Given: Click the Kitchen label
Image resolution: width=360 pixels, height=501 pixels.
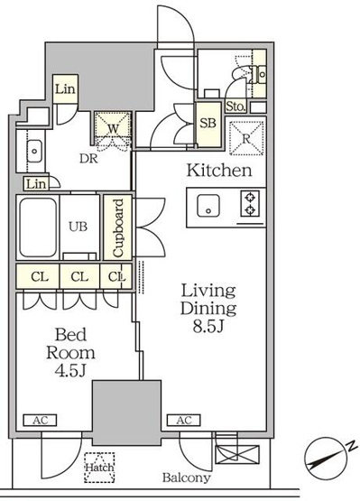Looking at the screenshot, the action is (x=219, y=171).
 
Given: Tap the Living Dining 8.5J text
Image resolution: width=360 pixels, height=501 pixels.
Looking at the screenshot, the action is (x=208, y=308).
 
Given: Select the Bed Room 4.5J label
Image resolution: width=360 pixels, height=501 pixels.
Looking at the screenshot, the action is (x=70, y=352).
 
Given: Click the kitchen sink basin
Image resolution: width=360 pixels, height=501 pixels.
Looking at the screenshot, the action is (x=208, y=206).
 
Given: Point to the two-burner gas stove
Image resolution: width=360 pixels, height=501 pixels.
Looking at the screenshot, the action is (x=250, y=204).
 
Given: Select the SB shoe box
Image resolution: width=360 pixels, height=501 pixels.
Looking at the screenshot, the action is (x=208, y=124).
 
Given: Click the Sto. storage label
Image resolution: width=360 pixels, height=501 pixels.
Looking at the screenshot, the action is (x=235, y=107).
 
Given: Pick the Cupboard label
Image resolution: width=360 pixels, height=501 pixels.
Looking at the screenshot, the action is (x=117, y=227).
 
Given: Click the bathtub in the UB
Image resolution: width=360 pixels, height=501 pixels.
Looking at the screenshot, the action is (x=38, y=227).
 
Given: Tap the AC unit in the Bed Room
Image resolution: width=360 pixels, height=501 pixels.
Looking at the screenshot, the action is (x=40, y=420).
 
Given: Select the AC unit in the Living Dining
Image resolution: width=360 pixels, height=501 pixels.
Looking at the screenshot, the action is (x=184, y=420).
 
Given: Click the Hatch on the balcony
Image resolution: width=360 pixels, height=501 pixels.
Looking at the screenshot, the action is (x=99, y=468).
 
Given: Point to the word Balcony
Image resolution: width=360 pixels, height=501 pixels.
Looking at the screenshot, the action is (x=187, y=478).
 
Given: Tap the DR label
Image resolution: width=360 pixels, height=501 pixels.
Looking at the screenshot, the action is (x=88, y=159).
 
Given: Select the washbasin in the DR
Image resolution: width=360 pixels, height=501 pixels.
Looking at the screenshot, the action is (x=34, y=151).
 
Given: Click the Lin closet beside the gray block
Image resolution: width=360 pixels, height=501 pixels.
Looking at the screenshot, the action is (x=65, y=89).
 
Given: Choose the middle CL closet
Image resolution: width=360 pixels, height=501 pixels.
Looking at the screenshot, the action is (x=79, y=276).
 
